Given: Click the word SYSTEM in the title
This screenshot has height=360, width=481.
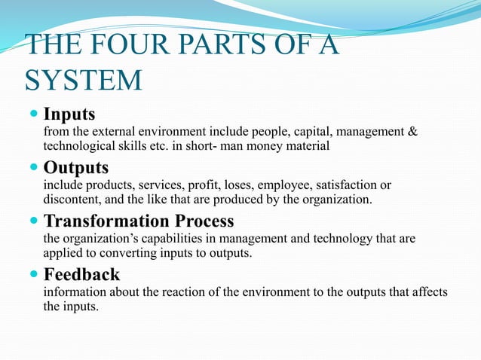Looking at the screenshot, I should coord(83,80).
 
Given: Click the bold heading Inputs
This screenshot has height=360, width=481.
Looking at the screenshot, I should coord(69,114).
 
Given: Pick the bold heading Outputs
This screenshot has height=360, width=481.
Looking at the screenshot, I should coord(76,167).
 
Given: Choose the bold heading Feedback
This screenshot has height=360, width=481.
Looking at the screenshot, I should coord(81,274).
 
